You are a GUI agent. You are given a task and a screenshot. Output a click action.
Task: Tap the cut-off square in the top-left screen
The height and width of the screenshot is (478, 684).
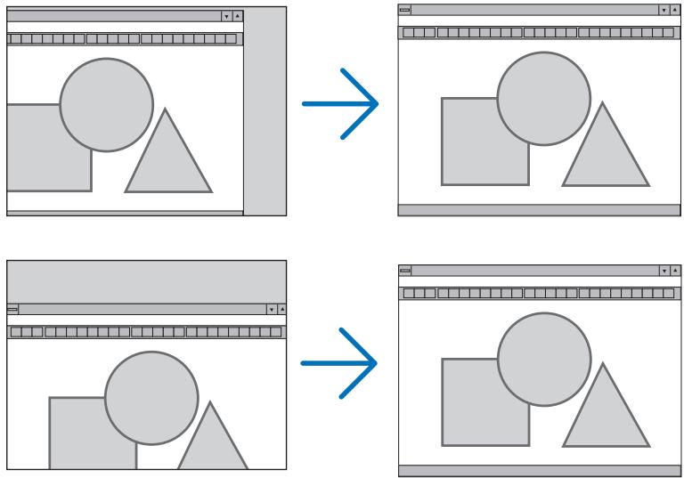[x=40, y=151]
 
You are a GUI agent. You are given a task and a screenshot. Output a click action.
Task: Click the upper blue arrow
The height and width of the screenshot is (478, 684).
[x=341, y=104]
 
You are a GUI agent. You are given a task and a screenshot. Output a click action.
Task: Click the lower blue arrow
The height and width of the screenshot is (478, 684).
[x=341, y=365]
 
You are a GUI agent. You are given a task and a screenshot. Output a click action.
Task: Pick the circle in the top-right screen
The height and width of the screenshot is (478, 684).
[x=542, y=98]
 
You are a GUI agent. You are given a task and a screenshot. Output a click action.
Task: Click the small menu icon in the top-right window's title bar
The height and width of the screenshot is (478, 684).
[x=405, y=10]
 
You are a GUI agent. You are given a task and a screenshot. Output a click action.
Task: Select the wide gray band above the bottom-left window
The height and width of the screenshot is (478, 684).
[x=147, y=280]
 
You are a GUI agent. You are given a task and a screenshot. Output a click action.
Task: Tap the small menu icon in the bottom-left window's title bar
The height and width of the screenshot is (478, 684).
[x=12, y=309]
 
